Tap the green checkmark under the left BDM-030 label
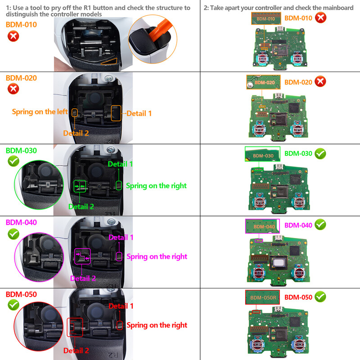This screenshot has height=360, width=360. click(x=13, y=162)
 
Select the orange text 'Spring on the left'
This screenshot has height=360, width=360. click(x=40, y=112)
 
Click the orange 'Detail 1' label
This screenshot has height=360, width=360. click(x=139, y=113)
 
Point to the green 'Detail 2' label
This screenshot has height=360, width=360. click(x=81, y=207)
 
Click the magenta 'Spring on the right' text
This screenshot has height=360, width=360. click(x=157, y=256)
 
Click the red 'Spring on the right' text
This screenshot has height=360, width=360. click(x=157, y=325)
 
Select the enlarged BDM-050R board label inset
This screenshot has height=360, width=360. click(x=262, y=297)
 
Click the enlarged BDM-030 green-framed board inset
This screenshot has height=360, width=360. click(x=262, y=154)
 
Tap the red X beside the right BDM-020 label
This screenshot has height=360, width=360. click(x=320, y=81)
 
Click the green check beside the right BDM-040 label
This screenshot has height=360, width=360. click(x=320, y=224)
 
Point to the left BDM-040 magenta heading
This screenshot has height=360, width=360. click(x=21, y=222)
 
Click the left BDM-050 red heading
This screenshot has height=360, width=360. click(x=21, y=294)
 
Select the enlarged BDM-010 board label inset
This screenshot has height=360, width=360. click(x=265, y=18)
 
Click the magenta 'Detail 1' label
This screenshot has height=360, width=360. click(x=121, y=237)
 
